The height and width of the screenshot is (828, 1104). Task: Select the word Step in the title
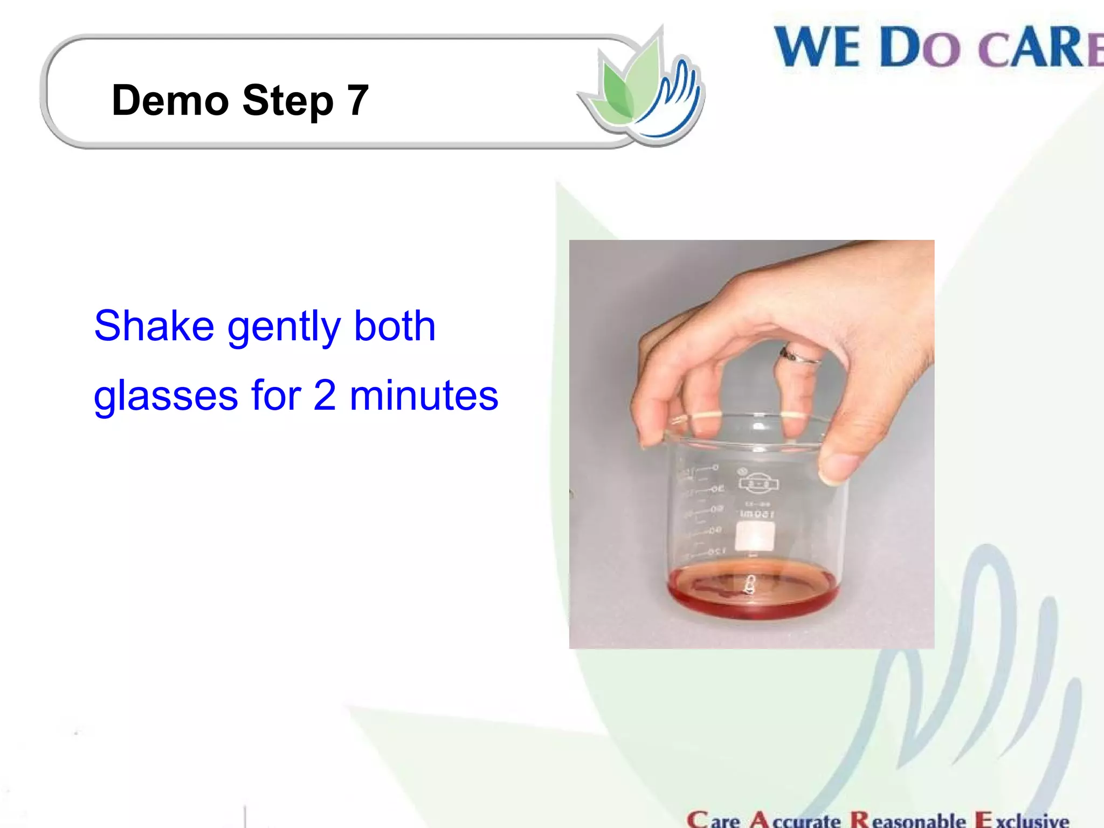[288, 101]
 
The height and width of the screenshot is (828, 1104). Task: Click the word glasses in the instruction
[165, 396]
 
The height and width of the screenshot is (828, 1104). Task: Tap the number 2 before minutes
[325, 395]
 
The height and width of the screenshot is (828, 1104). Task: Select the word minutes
[424, 395]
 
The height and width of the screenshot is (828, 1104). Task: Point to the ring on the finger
[799, 356]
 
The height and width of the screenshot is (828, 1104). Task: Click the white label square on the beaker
[755, 536]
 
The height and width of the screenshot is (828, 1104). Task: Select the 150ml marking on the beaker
[757, 514]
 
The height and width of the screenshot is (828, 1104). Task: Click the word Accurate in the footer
[795, 820]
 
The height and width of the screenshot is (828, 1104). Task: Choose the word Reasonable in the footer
[908, 820]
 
